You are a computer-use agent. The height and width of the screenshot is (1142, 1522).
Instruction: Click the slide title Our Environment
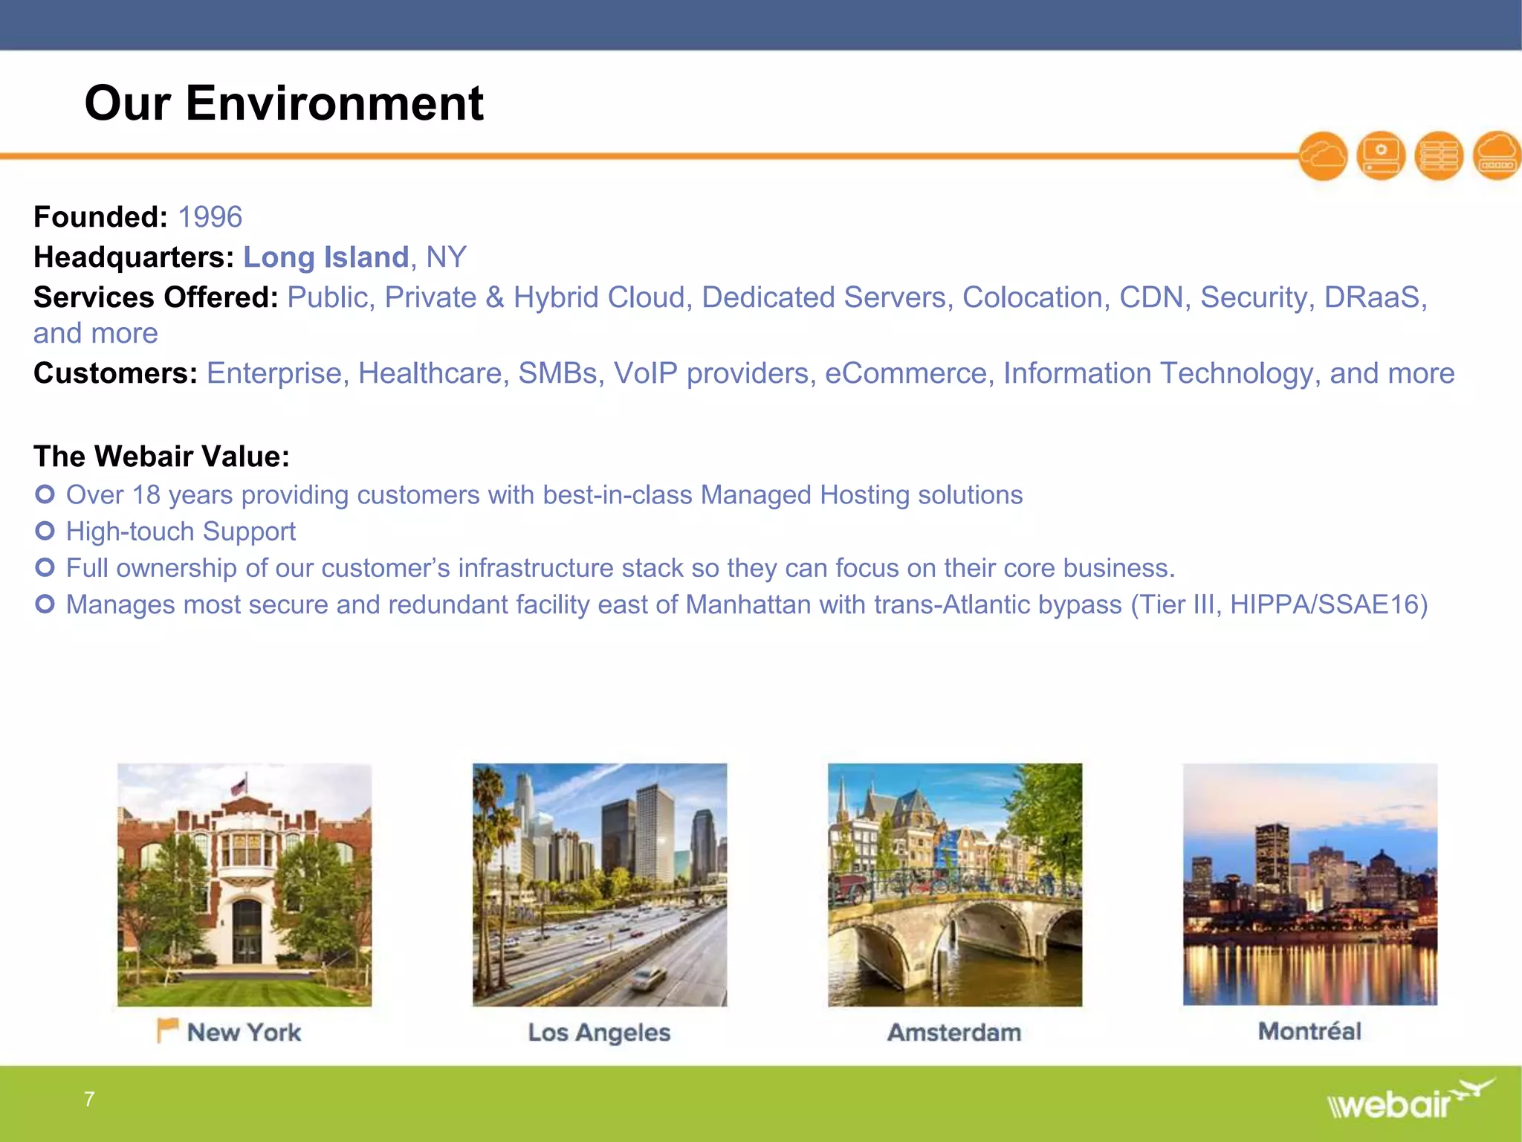point(284,103)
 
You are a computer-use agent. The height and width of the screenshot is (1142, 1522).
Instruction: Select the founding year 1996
point(210,217)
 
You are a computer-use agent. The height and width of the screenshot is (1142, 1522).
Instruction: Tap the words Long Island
point(326,257)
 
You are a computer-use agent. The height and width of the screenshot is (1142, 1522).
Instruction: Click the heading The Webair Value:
point(161,456)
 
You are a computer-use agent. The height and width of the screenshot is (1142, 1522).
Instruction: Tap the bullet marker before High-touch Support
point(45,531)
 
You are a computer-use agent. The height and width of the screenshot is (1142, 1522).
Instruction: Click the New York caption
point(244,1032)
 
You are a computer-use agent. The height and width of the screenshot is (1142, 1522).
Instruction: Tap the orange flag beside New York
point(167,1030)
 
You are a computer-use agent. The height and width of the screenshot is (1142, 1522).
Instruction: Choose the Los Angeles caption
point(599,1032)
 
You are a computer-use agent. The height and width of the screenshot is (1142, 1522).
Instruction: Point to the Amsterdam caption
point(954,1032)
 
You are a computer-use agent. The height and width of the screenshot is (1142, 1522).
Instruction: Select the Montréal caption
point(1309,1031)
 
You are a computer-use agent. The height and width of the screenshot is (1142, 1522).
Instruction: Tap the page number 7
point(89,1099)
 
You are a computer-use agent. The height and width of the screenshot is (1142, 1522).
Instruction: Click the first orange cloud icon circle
point(1323,156)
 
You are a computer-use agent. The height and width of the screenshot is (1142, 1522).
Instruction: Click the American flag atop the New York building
point(239,784)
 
